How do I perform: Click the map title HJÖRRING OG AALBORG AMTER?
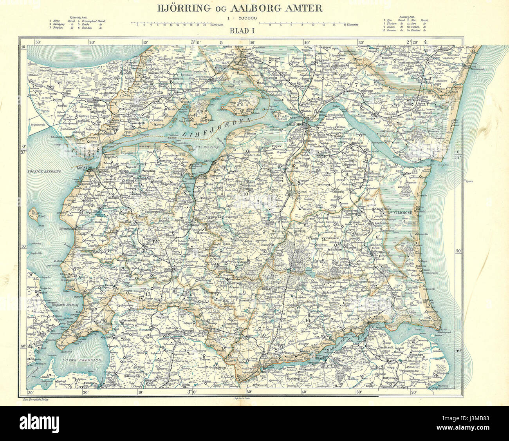[240, 8]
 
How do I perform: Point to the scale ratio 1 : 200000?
[240, 18]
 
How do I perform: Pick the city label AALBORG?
[297, 125]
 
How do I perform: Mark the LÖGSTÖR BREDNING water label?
[43, 172]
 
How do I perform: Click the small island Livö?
[33, 213]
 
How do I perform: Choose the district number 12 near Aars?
[154, 241]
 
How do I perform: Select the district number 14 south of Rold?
[307, 321]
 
